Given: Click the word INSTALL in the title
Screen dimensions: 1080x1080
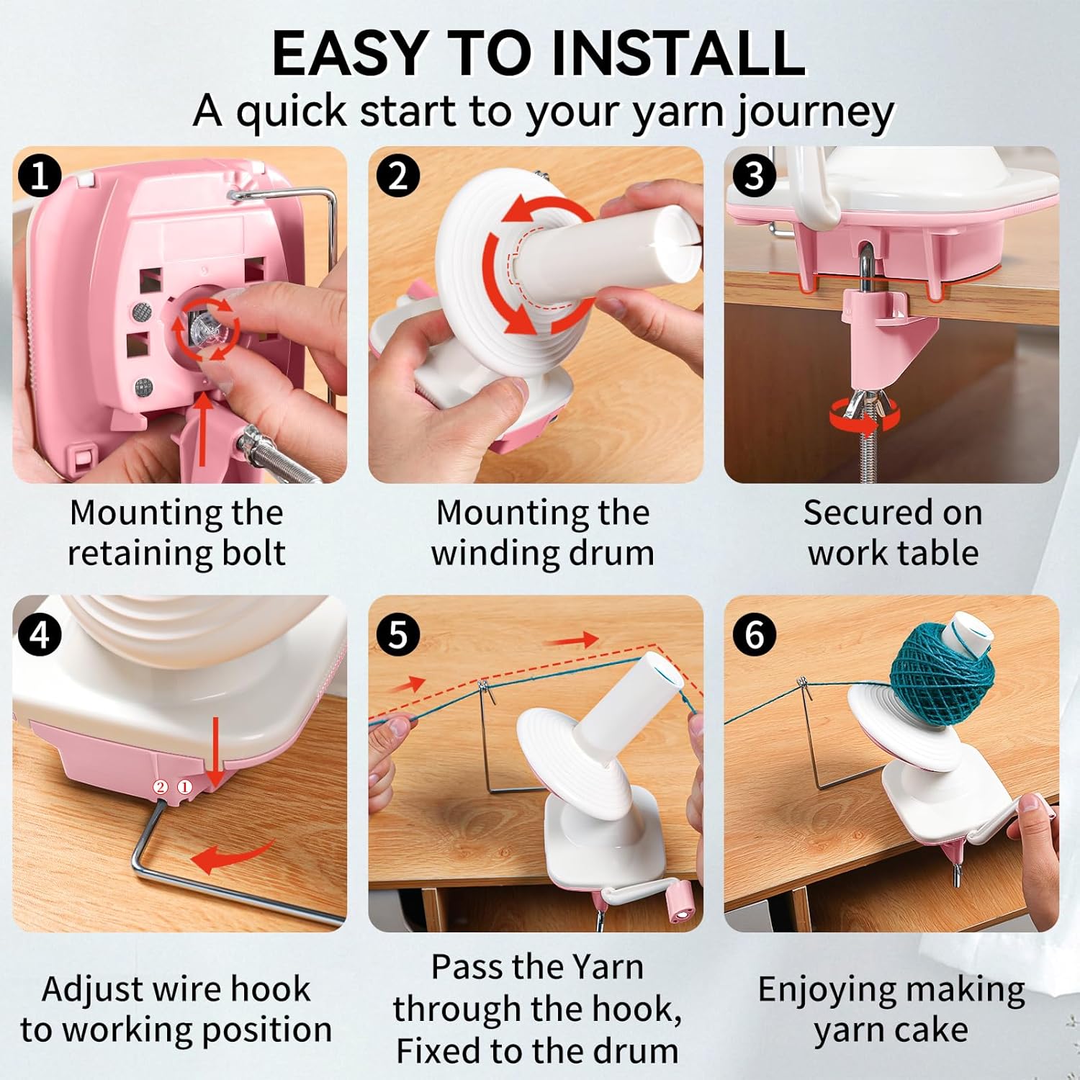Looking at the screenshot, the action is pyautogui.click(x=678, y=53).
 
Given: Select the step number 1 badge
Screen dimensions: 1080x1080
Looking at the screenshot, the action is pyautogui.click(x=40, y=176).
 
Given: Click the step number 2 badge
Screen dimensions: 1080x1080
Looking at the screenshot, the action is pyautogui.click(x=398, y=176).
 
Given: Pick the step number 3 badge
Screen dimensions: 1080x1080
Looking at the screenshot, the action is pyautogui.click(x=754, y=176).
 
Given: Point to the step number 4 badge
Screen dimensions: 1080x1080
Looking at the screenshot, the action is pyautogui.click(x=40, y=635).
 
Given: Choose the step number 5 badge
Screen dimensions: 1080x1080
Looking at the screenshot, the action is pyautogui.click(x=398, y=635).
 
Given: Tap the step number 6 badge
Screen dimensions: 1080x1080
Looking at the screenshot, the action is pyautogui.click(x=754, y=635).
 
